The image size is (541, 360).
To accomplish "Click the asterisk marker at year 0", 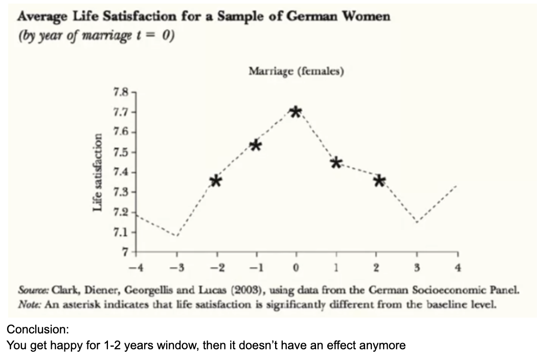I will coord(296,112).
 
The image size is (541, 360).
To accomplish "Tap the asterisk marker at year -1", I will coord(256,146).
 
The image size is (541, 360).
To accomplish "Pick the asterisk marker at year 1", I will coord(336,163).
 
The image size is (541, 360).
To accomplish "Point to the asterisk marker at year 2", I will coord(379,181).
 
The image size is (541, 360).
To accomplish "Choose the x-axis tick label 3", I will coord(417,267).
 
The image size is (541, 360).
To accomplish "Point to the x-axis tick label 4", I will coord(458,267).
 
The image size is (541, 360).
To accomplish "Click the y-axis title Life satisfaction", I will coord(97,172).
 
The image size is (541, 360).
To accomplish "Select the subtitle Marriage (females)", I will coord(296,72).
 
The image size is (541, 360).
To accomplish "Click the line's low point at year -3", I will coord(177,236).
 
